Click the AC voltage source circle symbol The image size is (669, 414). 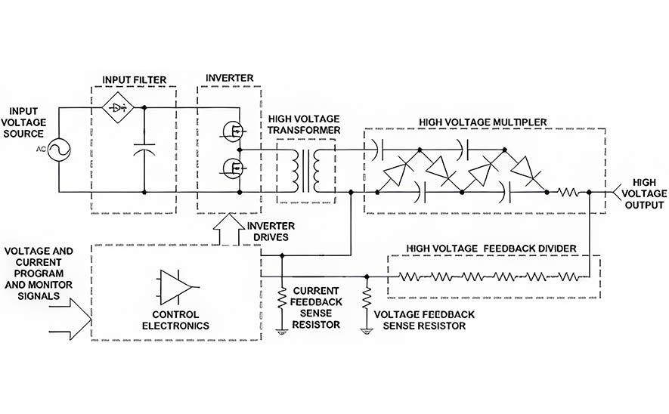pyautogui.click(x=59, y=150)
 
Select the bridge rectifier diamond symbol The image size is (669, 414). pyautogui.click(x=118, y=107)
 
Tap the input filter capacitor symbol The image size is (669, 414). pyautogui.click(x=144, y=150)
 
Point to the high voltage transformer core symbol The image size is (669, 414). pyautogui.click(x=306, y=171)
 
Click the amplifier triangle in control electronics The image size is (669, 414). pyautogui.click(x=177, y=287)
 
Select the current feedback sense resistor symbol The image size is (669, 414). pyautogui.click(x=282, y=298)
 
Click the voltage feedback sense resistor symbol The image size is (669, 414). pyautogui.click(x=367, y=298)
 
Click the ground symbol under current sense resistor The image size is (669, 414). pyautogui.click(x=282, y=331)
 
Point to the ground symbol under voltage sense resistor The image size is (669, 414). pyautogui.click(x=367, y=331)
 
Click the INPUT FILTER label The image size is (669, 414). pyautogui.click(x=135, y=80)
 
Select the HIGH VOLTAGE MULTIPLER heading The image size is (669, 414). pyautogui.click(x=482, y=122)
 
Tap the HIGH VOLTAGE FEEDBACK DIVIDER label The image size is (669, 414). pyautogui.click(x=491, y=248)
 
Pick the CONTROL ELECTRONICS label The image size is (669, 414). pyautogui.click(x=176, y=320)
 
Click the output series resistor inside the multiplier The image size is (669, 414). pyautogui.click(x=568, y=193)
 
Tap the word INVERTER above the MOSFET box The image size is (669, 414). pyautogui.click(x=230, y=78)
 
